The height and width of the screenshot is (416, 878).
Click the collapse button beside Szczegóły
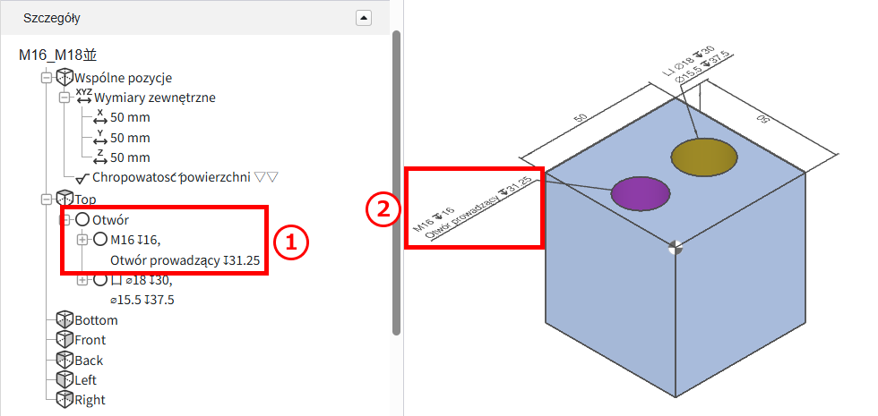coord(364,18)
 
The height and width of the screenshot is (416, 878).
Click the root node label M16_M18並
coord(59,55)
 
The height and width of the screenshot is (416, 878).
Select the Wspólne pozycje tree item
coord(124,78)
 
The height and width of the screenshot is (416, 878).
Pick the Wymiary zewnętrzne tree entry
coord(154,98)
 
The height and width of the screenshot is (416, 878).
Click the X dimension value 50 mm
coord(130,118)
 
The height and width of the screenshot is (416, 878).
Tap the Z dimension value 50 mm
coord(130,157)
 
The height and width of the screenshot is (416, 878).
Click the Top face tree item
coord(85,199)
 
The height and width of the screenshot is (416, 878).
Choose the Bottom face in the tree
coord(97,320)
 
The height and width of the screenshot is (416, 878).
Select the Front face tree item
coord(90,340)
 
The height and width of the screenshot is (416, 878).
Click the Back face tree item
coord(89,361)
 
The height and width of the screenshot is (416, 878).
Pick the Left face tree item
coord(86,380)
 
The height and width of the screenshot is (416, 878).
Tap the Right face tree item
coord(90,401)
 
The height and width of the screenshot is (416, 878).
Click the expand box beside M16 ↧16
coord(82,240)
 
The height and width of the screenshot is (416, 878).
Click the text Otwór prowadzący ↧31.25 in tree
coord(185,260)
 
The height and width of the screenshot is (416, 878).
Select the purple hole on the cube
coord(640,193)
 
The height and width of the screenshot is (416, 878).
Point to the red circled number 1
coord(290,242)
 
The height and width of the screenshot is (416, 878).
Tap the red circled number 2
coord(384,209)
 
